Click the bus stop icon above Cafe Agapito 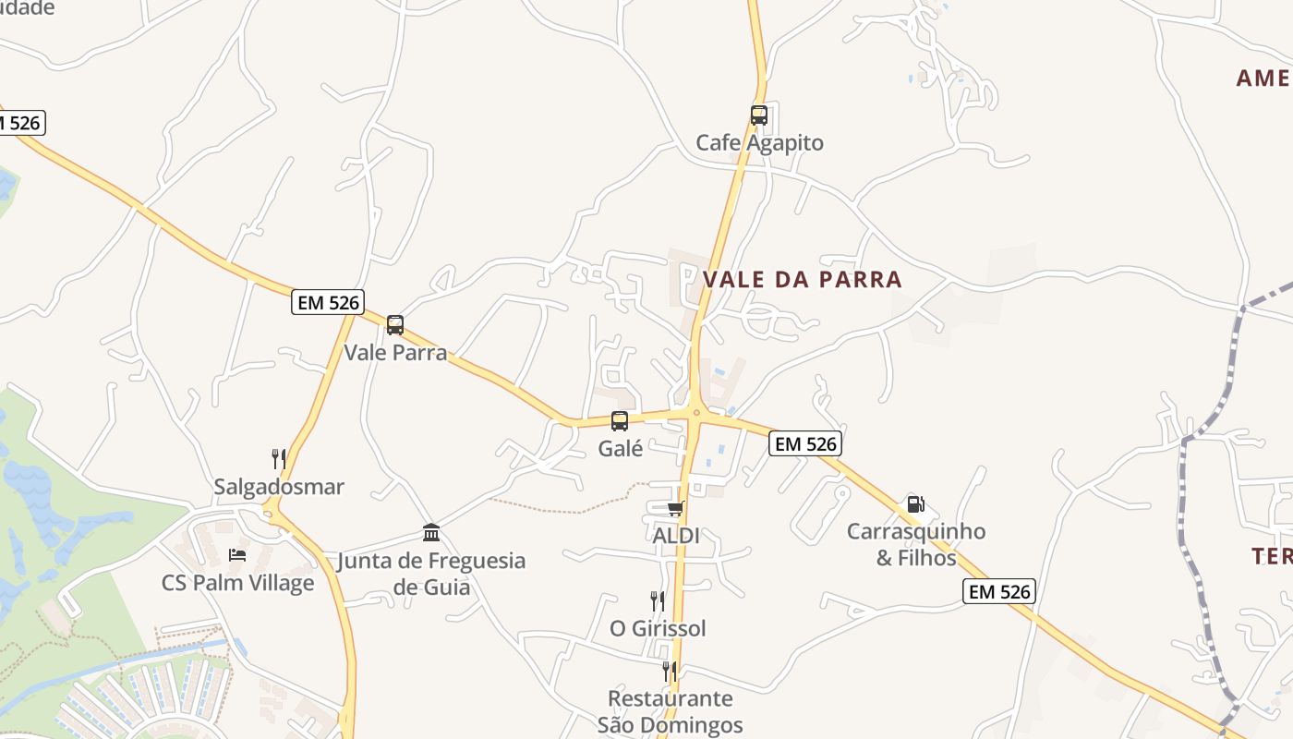[759, 115]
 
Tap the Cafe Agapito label [759, 143]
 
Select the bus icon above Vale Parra [395, 325]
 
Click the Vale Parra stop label [395, 353]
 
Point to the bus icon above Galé [620, 421]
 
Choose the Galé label [620, 449]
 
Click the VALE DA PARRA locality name [802, 279]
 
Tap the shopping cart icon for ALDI [676, 508]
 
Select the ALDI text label [676, 536]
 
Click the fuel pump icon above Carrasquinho [916, 504]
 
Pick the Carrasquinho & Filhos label [916, 544]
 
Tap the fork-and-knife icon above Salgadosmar [279, 458]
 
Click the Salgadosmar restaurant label [279, 487]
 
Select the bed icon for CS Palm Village [237, 555]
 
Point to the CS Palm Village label [237, 583]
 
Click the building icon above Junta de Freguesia [431, 532]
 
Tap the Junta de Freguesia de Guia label [431, 574]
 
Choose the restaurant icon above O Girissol [658, 600]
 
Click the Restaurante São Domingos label [670, 711]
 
